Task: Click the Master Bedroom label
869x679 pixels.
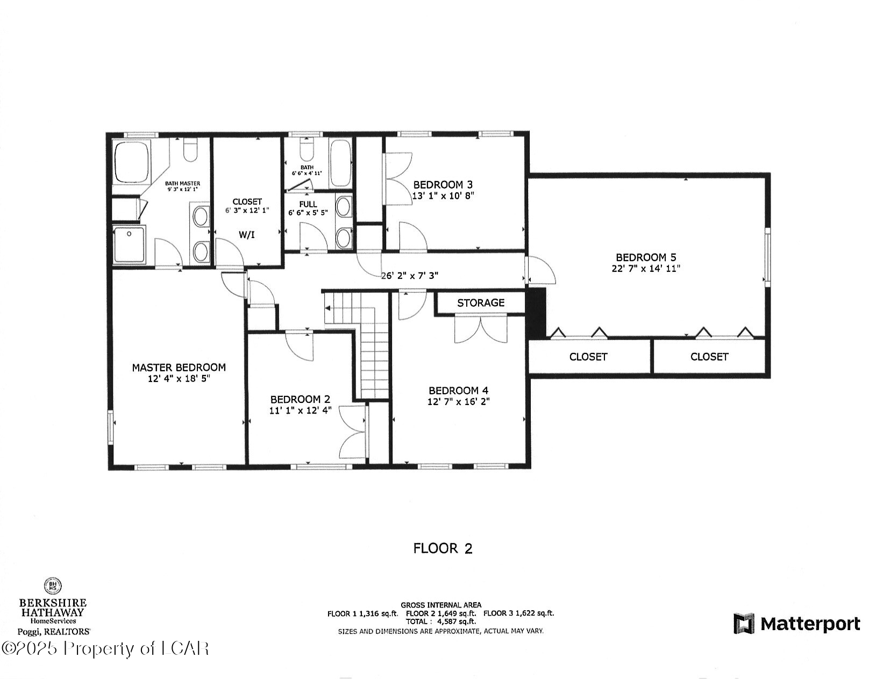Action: coord(179,368)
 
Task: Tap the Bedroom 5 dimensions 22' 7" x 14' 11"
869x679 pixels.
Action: coord(645,269)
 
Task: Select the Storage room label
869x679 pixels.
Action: coord(480,303)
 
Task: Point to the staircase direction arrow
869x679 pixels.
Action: coord(327,308)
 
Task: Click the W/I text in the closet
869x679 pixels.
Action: coord(247,235)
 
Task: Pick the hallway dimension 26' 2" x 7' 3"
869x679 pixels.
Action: coord(410,276)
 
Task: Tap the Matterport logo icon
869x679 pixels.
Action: coord(744,624)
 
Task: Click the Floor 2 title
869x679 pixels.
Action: coord(443,548)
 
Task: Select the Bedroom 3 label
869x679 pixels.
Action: coord(443,185)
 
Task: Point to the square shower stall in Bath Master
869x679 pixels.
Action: coord(129,245)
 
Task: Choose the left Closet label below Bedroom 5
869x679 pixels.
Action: coord(588,357)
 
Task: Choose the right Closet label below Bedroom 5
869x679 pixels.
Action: coord(709,357)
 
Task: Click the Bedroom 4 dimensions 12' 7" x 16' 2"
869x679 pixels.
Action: coord(458,402)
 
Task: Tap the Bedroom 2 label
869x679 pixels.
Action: coord(300,400)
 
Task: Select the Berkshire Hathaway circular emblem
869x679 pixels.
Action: coord(52,586)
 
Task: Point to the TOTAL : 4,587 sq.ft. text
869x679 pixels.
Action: coord(440,622)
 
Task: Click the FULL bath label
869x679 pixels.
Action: coord(308,204)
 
